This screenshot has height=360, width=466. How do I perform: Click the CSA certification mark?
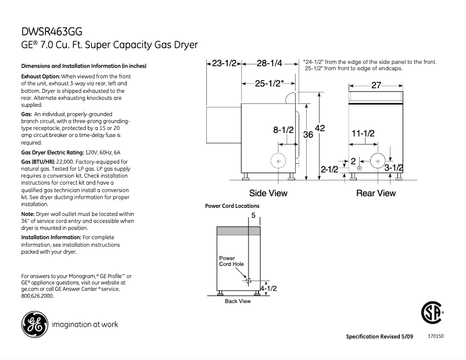(431, 314)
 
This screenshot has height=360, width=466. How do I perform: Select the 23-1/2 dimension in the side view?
(223, 63)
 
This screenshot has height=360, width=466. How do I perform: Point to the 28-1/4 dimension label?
(269, 63)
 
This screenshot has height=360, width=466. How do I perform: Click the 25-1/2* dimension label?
(270, 83)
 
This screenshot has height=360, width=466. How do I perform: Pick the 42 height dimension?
(320, 128)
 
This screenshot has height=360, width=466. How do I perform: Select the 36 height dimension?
(308, 134)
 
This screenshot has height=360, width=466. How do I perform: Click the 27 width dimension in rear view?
(376, 85)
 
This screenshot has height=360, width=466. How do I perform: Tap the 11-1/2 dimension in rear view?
(363, 134)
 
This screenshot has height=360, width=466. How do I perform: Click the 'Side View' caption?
(268, 193)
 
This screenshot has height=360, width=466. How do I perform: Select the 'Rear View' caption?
(376, 193)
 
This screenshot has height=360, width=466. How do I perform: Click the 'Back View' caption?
(238, 301)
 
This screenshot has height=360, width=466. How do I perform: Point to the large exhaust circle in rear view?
(378, 160)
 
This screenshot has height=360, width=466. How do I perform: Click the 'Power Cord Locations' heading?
(232, 206)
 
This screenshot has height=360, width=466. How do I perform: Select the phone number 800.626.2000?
(37, 296)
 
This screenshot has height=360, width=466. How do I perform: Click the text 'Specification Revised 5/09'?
(381, 337)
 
